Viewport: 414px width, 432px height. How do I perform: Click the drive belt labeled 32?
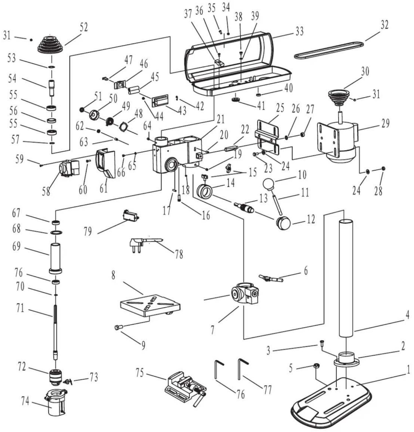coord(329,50)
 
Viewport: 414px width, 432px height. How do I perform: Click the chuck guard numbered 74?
coord(56,402)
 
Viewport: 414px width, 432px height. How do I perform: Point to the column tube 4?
coord(346,278)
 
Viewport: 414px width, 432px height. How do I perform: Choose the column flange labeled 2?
coord(346,359)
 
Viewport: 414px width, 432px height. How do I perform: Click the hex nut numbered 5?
coord(316,366)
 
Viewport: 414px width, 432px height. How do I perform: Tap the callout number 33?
coord(299,31)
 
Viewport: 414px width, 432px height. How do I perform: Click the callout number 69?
coord(16,246)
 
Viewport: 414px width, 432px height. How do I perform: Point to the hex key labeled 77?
coord(243,369)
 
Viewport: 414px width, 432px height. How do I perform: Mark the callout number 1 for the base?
coord(408,370)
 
